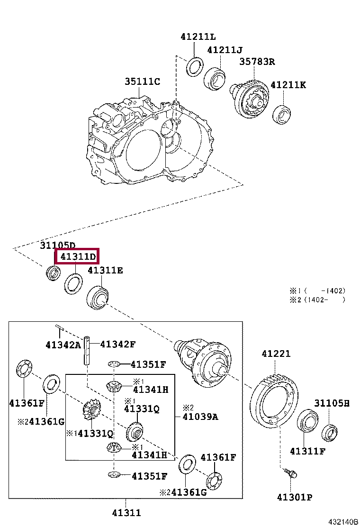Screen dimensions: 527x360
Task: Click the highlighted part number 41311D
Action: (x=77, y=257)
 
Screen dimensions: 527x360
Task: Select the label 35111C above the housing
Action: (x=142, y=82)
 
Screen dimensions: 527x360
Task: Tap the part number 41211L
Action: (x=198, y=36)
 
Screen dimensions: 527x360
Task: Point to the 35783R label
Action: (x=257, y=62)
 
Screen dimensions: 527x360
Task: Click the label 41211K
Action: (x=288, y=85)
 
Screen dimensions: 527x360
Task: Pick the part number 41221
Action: (x=276, y=354)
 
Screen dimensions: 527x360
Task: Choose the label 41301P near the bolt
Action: (x=294, y=497)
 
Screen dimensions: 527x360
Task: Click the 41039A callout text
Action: (x=200, y=417)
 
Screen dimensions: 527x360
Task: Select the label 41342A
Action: (x=63, y=345)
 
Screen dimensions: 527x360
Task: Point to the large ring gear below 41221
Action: (x=274, y=398)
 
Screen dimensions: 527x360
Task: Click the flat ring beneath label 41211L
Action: (x=194, y=66)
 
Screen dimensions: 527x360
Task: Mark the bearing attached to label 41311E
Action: (x=99, y=297)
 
